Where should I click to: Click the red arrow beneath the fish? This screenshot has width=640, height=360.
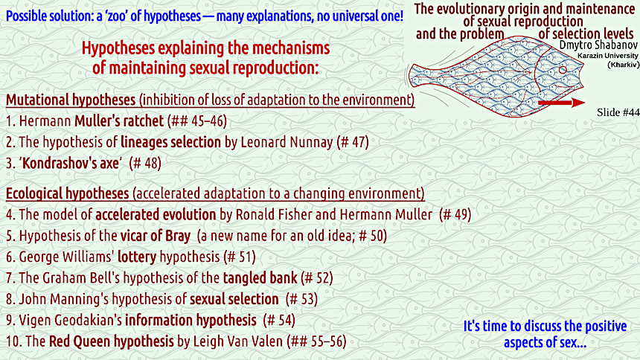(562, 103)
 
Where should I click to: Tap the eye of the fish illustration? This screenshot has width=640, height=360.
(563, 70)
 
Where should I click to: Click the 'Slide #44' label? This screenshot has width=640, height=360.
(618, 112)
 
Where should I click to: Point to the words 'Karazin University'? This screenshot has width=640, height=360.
(608, 56)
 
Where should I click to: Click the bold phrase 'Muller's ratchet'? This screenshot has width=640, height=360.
(119, 120)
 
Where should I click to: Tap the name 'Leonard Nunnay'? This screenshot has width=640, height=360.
(287, 142)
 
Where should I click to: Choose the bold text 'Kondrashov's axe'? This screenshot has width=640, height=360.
(71, 164)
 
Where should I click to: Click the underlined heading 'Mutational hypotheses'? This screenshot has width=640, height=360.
(71, 100)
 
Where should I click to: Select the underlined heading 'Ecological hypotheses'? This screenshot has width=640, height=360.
(67, 193)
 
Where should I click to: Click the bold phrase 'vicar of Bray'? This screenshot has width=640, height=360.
(155, 236)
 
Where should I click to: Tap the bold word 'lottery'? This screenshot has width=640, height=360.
(137, 257)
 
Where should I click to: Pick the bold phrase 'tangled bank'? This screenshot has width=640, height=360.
(260, 278)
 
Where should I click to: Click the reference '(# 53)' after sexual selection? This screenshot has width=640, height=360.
(301, 299)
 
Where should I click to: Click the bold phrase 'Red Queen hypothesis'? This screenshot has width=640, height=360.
(112, 341)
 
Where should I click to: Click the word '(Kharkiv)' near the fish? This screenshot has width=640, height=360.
(624, 65)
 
